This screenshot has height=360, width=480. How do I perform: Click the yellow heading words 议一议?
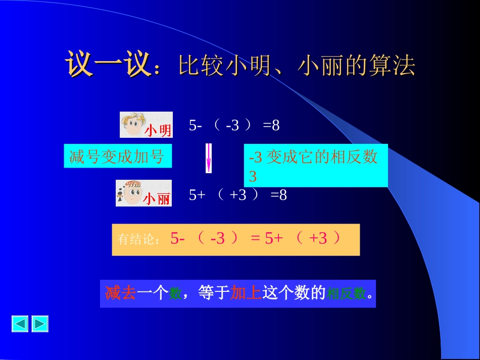coord(108,65)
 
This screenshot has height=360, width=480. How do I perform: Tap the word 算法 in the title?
coord(395,66)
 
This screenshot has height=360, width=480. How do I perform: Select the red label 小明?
coord(158,131)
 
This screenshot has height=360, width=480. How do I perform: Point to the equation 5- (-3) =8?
coord(234,125)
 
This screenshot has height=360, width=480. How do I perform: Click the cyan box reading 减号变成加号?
coord(117,157)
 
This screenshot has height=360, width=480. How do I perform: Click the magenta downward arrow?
coord(208,158)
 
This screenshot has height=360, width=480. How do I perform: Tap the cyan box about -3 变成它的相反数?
coord(315,166)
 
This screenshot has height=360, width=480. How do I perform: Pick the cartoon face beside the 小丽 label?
coord(130,192)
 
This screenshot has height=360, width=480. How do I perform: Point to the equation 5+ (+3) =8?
coord(237,195)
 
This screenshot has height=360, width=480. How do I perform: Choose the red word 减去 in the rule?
coord(121,293)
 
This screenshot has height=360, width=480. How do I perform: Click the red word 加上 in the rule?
coord(246,293)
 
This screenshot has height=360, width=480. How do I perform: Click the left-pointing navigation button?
coord(20,324)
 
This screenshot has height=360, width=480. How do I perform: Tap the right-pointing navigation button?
coord(40,324)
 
